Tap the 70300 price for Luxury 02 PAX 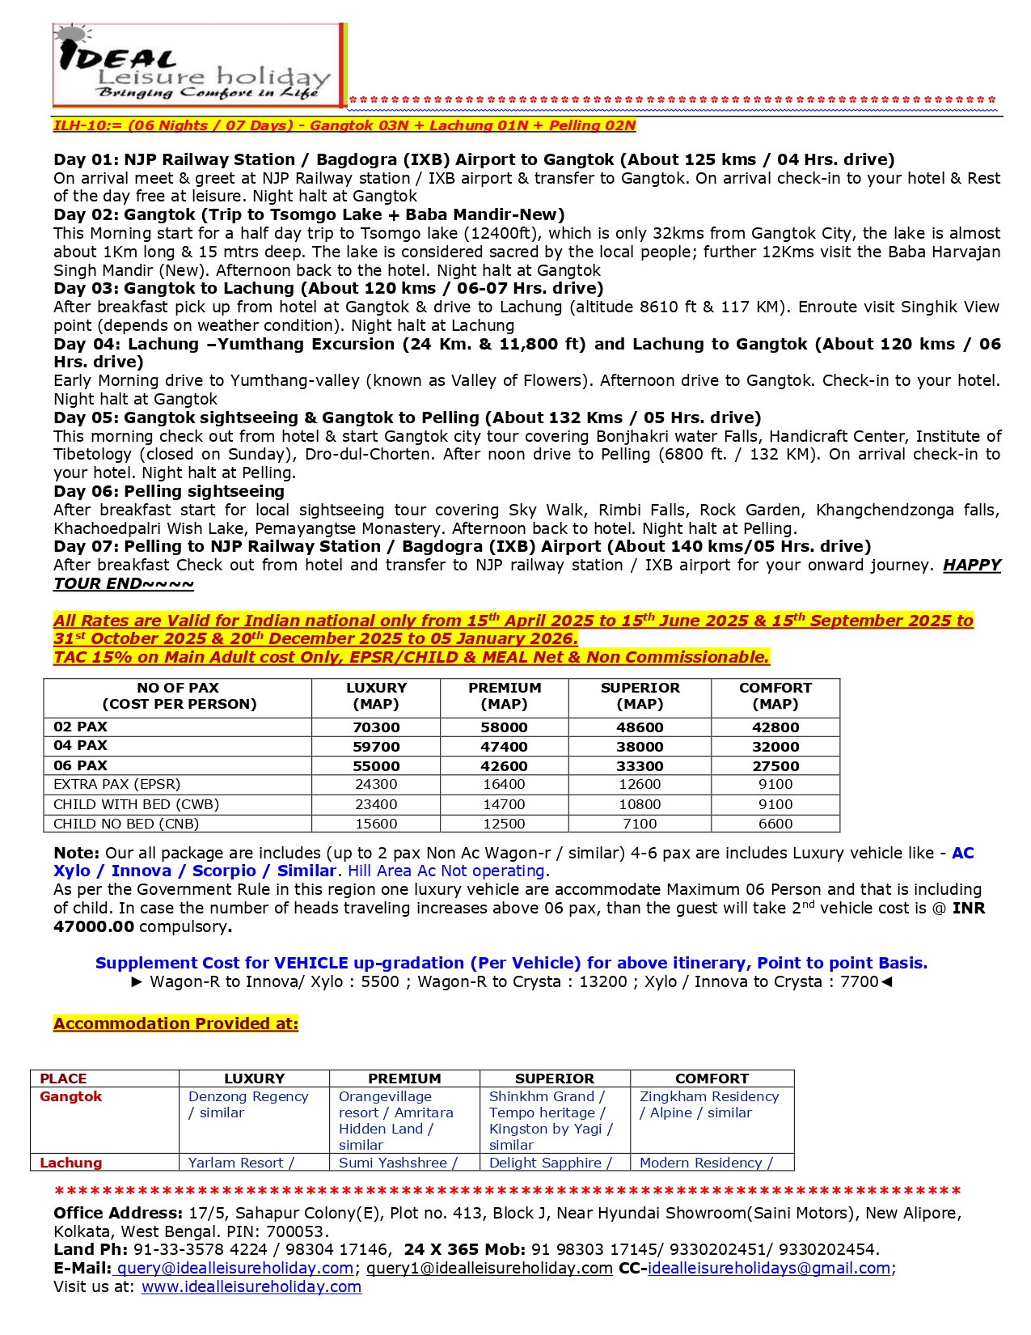(x=376, y=727)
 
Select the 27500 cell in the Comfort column (x=775, y=765)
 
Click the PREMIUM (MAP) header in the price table (x=505, y=696)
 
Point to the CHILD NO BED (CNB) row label (x=126, y=824)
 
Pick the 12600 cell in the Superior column (x=640, y=784)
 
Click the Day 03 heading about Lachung (x=328, y=288)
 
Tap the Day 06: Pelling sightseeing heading (x=169, y=491)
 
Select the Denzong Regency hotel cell (x=248, y=1104)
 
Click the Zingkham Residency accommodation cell (x=709, y=1104)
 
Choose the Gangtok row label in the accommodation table (x=71, y=1096)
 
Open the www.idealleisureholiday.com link (x=251, y=1286)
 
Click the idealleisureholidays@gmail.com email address (x=769, y=1268)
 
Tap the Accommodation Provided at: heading (x=175, y=1023)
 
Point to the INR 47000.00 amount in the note (x=93, y=926)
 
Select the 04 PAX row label (x=80, y=745)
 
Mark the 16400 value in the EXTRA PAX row (x=505, y=784)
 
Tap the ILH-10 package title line (x=344, y=125)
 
